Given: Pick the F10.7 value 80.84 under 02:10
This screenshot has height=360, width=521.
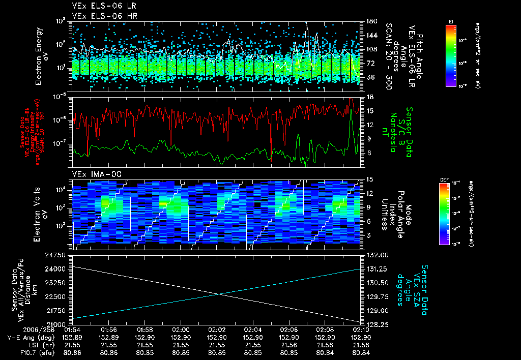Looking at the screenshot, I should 361,351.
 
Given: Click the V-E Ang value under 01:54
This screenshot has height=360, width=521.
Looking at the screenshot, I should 73,337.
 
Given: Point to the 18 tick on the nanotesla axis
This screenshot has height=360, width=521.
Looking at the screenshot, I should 369,97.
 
